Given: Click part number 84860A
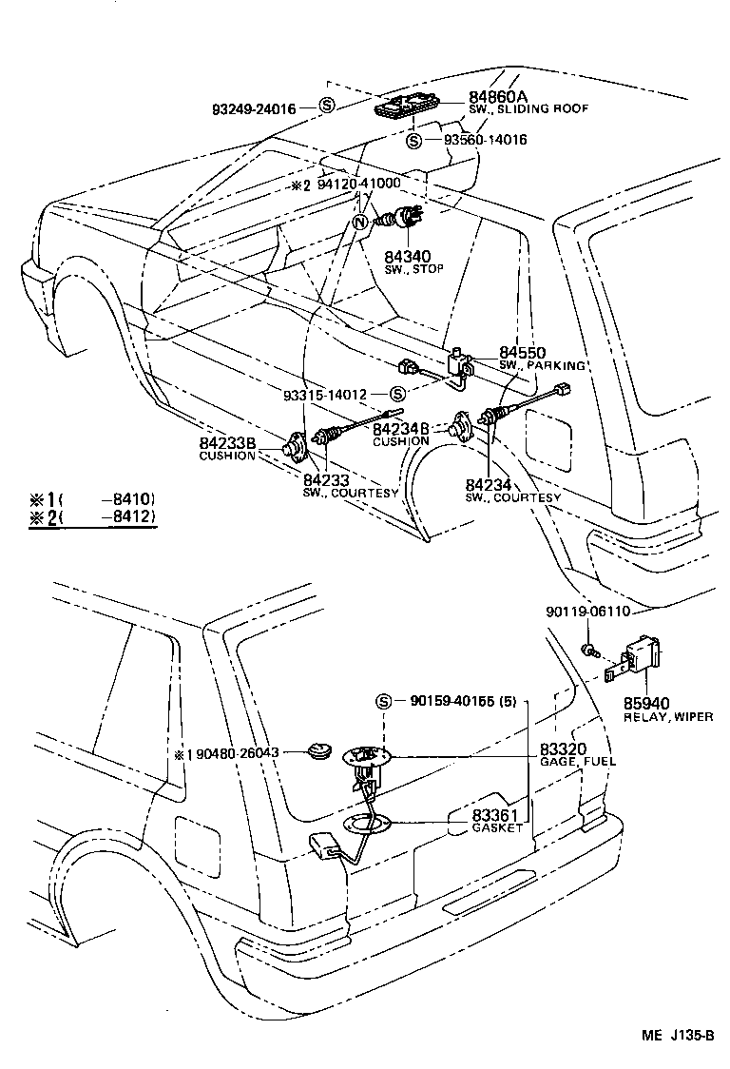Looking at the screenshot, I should coord(497,97).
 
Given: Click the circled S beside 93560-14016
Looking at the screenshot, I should coord(413,141).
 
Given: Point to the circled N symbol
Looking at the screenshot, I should coord(359,224).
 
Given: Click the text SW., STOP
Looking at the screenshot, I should coord(413,269).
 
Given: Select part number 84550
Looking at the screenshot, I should coord(522,352).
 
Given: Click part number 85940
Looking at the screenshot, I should coord(646,704).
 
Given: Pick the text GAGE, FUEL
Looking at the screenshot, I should coord(577,763).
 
